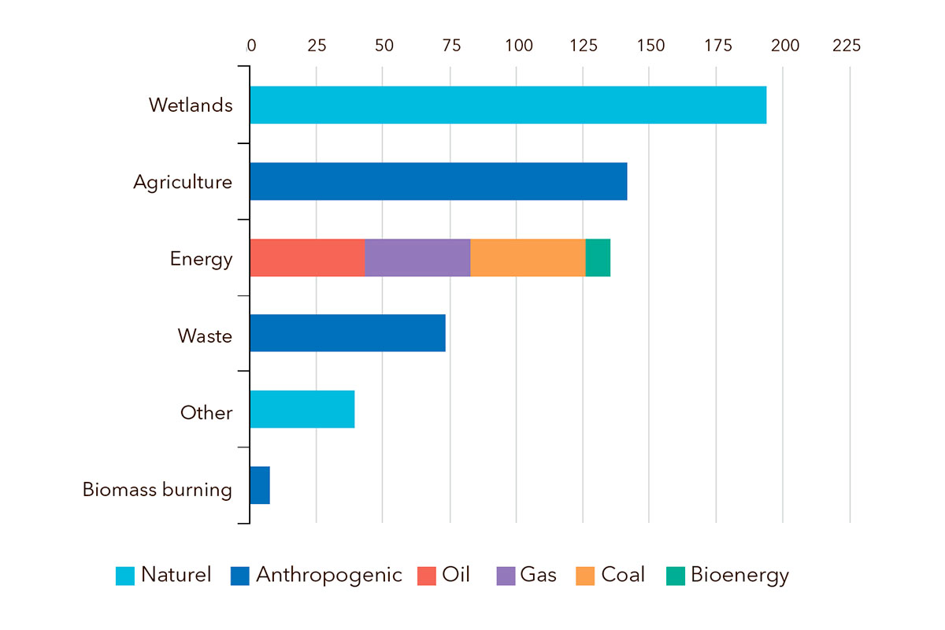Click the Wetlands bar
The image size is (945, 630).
(x=508, y=105)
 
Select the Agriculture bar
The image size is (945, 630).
(x=438, y=181)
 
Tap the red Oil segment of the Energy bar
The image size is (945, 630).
(x=307, y=258)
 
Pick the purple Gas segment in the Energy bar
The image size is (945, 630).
(x=417, y=258)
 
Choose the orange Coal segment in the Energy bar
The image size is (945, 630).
(x=528, y=258)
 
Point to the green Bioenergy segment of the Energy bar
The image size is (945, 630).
(x=598, y=258)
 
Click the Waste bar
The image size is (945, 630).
(x=347, y=333)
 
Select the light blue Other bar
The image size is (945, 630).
(x=302, y=409)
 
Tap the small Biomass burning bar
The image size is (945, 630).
(x=260, y=485)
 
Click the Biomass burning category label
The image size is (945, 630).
(x=157, y=490)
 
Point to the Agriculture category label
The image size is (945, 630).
(x=183, y=183)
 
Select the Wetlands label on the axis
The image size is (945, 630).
(x=191, y=105)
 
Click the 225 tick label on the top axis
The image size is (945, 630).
(x=847, y=46)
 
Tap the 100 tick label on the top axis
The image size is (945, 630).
(x=519, y=46)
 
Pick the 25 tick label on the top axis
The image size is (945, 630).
(x=317, y=46)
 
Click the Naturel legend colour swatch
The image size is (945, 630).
(x=125, y=576)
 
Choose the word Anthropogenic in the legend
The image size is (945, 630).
(x=328, y=575)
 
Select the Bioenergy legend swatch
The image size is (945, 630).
(x=675, y=576)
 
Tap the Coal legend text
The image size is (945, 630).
(x=623, y=575)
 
